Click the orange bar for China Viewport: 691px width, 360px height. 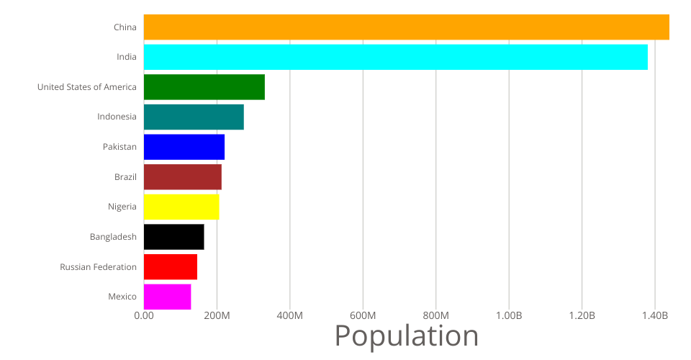click(406, 27)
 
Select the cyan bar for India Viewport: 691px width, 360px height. click(395, 57)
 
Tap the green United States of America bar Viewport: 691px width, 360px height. click(204, 87)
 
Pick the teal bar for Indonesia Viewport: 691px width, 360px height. click(194, 117)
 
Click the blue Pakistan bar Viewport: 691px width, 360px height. click(184, 147)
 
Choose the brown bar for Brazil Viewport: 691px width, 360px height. click(182, 177)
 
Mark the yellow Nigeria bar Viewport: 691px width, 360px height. click(181, 207)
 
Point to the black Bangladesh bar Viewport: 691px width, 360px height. click(173, 237)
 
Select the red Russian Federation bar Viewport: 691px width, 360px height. click(170, 266)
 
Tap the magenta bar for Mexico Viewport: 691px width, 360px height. click(167, 297)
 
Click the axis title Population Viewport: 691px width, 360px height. click(407, 336)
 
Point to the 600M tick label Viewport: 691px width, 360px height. click(363, 316)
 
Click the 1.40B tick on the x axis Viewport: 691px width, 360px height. click(655, 316)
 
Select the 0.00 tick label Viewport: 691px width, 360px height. click(144, 316)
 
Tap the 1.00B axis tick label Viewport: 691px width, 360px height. click(509, 316)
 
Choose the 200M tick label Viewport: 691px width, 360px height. click(217, 316)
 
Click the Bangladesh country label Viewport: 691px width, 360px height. click(113, 237)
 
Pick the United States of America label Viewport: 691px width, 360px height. click(87, 87)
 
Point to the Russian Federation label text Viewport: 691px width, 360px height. click(99, 267)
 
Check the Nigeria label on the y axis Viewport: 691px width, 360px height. click(122, 207)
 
